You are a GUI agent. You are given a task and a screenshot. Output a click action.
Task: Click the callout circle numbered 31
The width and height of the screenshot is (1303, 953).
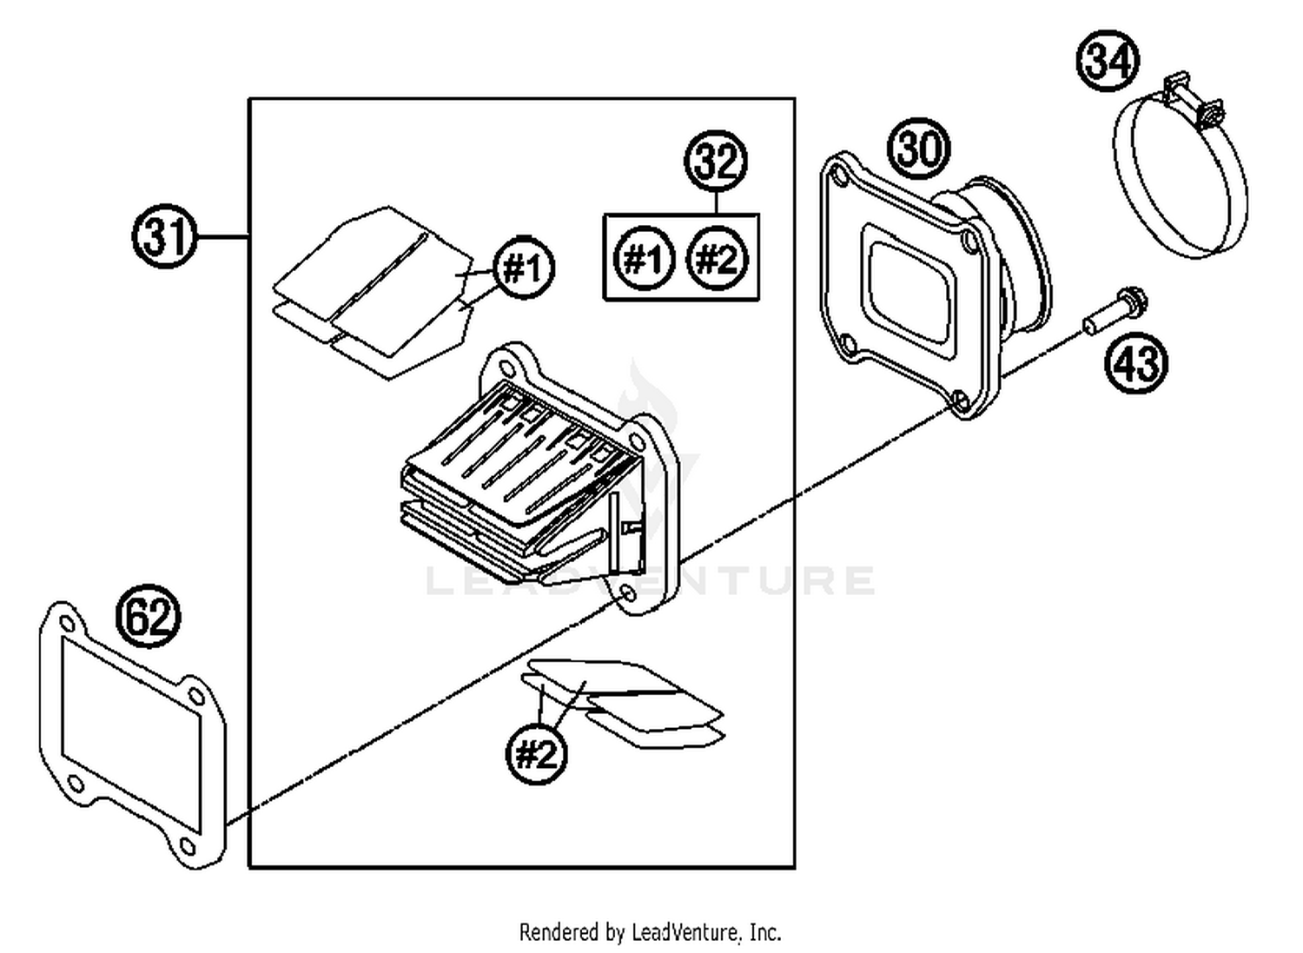click(165, 236)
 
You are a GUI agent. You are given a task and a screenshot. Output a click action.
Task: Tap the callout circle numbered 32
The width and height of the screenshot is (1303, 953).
click(717, 162)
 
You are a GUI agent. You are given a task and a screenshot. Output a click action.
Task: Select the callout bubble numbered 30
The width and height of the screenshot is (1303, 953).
click(919, 148)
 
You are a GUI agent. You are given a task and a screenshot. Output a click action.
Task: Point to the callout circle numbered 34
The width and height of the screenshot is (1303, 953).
click(1108, 62)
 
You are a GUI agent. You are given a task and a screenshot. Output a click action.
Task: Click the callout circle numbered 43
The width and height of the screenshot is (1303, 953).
click(1136, 362)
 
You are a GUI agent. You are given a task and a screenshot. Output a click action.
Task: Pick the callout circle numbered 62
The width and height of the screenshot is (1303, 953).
click(149, 617)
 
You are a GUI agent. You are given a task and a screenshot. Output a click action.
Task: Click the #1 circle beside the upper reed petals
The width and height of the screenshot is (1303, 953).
click(524, 268)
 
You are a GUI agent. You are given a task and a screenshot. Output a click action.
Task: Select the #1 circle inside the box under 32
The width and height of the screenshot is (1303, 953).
click(644, 258)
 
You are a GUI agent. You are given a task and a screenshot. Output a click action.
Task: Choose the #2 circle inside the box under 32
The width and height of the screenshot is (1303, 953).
click(717, 258)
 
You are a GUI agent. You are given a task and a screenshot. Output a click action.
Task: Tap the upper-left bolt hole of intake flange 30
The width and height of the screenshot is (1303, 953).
click(838, 177)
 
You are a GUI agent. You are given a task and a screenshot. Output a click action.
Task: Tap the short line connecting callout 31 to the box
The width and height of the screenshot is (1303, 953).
click(223, 236)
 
